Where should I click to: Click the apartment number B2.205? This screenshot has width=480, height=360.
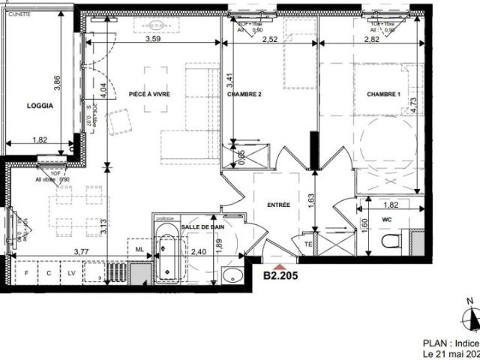click(x=280, y=275)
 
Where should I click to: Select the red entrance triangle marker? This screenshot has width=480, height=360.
click(x=280, y=265)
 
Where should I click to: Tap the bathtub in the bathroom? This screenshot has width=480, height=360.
click(x=166, y=253)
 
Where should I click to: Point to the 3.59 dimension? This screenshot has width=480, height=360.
click(x=153, y=39)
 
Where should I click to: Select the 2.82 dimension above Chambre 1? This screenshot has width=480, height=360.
click(x=372, y=39)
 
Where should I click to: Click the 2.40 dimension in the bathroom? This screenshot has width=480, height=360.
click(x=199, y=253)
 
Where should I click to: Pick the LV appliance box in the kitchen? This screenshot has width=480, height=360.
click(x=71, y=274)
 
